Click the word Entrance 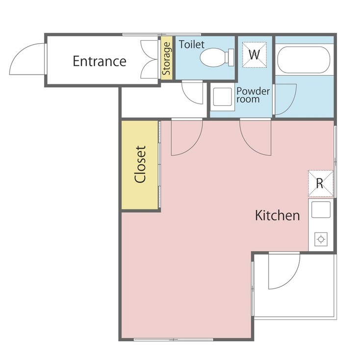click(99, 61)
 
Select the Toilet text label click(191, 45)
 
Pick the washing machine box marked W click(254, 54)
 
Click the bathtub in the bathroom click(303, 60)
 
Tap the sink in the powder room click(221, 97)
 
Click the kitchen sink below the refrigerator click(320, 211)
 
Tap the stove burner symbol click(321, 239)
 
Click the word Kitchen click(277, 215)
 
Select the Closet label click(141, 164)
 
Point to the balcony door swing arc click(283, 272)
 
